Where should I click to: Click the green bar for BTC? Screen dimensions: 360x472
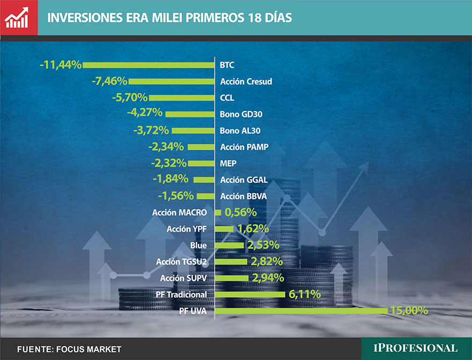click(149, 65)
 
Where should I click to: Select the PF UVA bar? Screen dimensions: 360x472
click(300, 311)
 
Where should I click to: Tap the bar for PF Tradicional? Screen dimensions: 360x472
click(249, 294)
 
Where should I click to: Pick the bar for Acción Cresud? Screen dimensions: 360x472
click(171, 82)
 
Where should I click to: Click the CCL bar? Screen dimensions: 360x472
click(182, 98)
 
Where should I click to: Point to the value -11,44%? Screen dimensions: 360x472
click(61, 65)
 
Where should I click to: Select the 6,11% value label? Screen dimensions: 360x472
click(305, 294)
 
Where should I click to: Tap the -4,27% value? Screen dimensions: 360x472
click(145, 114)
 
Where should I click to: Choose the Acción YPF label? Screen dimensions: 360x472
click(187, 229)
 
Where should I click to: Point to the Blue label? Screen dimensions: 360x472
click(198, 245)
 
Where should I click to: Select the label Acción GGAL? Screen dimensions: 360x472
click(244, 180)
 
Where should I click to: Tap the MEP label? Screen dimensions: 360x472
click(228, 163)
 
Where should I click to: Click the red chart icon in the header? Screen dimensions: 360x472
click(19, 18)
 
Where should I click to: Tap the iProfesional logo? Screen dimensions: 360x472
click(416, 348)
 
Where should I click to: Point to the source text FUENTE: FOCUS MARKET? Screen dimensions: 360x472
click(69, 349)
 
